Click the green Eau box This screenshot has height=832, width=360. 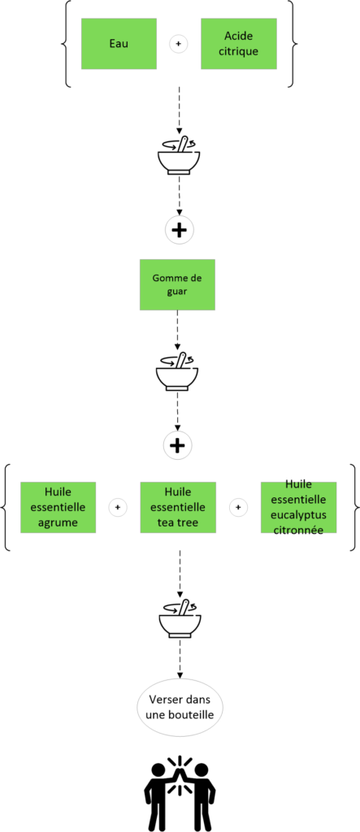pyautogui.click(x=119, y=44)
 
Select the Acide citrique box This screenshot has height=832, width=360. pyautogui.click(x=238, y=44)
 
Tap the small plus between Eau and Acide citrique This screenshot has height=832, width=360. pyautogui.click(x=179, y=44)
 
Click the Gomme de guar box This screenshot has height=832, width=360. pyautogui.click(x=177, y=284)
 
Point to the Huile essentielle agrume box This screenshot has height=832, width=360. pyautogui.click(x=58, y=507)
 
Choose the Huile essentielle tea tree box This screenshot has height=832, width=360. pyautogui.click(x=177, y=507)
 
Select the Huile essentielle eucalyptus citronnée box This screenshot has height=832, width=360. pyautogui.click(x=298, y=507)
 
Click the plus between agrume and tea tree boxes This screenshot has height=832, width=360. pyautogui.click(x=118, y=508)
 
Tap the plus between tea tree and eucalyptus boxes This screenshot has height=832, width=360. pyautogui.click(x=238, y=508)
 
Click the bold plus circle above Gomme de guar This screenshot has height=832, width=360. pyautogui.click(x=179, y=230)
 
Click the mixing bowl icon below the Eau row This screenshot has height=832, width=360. pyautogui.click(x=179, y=155)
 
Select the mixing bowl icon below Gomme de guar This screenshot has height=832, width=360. pyautogui.click(x=177, y=371)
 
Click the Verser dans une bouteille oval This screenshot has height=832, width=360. pyautogui.click(x=180, y=708)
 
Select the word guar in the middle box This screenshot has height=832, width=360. pyautogui.click(x=177, y=292)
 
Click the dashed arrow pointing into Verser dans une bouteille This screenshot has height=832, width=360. pyautogui.click(x=180, y=658)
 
